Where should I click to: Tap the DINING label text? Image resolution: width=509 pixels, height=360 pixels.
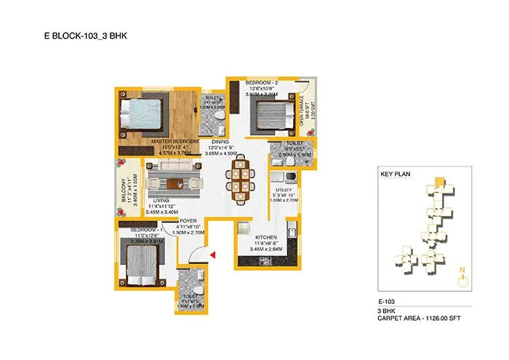tap(220, 142)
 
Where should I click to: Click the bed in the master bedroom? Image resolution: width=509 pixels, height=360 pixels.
tap(139, 113)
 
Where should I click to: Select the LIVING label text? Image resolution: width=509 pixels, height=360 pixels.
tap(161, 200)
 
